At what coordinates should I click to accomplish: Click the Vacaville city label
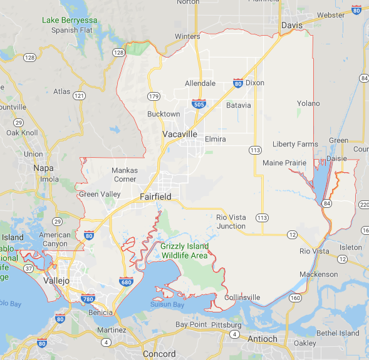pyautogui.click(x=180, y=135)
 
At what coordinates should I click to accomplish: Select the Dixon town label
pyautogui.click(x=254, y=83)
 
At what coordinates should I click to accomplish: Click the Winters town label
pyautogui.click(x=187, y=36)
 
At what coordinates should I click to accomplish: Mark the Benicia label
pyautogui.click(x=101, y=312)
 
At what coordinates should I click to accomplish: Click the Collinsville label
pyautogui.click(x=242, y=297)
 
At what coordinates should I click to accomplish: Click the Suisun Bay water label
pyautogui.click(x=167, y=304)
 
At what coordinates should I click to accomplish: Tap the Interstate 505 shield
pyautogui.click(x=198, y=104)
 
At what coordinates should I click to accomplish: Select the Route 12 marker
pyautogui.click(x=292, y=234)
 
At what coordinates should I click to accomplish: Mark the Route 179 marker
pyautogui.click(x=153, y=96)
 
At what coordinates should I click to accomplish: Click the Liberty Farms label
pyautogui.click(x=295, y=144)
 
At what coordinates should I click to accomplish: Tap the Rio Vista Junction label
pyautogui.click(x=231, y=222)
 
